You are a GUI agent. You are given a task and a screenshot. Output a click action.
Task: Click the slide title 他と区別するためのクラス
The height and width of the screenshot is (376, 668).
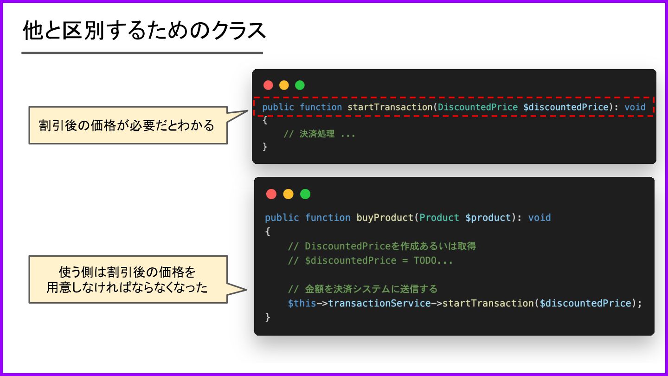tap(144, 31)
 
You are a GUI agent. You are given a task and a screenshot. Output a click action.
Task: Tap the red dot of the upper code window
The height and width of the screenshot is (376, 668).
tap(268, 85)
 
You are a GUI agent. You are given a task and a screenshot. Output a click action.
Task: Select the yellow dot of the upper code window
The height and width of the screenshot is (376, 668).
tap(284, 85)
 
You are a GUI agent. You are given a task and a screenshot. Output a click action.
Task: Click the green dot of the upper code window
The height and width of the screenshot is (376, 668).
tap(300, 85)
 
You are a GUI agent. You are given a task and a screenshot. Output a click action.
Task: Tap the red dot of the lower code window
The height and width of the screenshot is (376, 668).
tap(271, 194)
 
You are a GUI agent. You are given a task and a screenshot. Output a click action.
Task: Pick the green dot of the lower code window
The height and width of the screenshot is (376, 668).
tap(305, 194)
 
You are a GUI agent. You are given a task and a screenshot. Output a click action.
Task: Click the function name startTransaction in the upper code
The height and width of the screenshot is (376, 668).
tap(390, 107)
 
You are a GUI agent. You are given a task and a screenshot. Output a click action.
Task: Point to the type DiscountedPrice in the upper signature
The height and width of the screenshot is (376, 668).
tap(477, 107)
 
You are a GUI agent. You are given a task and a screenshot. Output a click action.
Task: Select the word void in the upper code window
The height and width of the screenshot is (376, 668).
tap(635, 107)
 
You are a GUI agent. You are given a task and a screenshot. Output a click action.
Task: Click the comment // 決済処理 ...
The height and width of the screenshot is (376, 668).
tap(319, 134)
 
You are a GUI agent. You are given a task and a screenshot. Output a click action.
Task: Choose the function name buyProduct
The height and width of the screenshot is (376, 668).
tap(385, 218)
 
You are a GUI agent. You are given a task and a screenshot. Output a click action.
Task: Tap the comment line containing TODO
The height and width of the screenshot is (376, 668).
tap(370, 260)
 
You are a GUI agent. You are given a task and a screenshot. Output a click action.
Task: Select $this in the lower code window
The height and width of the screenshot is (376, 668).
tap(302, 304)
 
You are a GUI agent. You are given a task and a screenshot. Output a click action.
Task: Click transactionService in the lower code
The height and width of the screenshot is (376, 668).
tap(379, 304)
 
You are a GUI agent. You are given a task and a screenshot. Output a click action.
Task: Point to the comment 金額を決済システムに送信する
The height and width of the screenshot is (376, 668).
tap(362, 289)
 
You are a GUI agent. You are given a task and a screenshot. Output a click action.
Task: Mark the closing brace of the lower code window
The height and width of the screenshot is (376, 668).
tap(267, 318)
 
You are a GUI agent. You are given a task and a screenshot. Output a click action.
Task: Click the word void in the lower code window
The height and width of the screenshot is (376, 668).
tap(540, 218)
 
